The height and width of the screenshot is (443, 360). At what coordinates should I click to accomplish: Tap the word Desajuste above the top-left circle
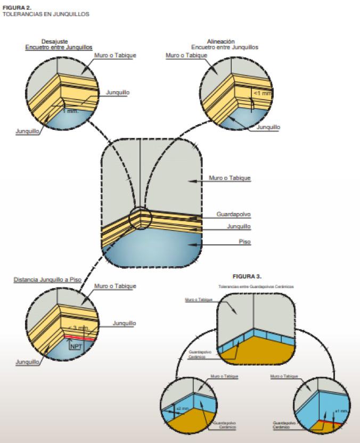[x=56, y=42]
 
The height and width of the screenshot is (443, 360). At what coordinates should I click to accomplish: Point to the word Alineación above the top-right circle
[x=220, y=42]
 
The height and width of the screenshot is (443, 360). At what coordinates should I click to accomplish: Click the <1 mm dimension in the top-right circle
[x=262, y=94]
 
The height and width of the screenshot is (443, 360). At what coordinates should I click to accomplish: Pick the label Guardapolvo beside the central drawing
[x=233, y=214]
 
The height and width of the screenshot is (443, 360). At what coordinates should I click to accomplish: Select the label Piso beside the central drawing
[x=244, y=241]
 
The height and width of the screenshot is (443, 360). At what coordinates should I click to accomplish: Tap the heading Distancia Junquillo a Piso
[x=47, y=279]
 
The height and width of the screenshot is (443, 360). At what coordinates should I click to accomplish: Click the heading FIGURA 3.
[x=247, y=276]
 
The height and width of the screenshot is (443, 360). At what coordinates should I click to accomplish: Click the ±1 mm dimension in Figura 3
[x=341, y=411]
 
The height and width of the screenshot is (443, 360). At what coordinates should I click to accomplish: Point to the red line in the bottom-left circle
[x=80, y=338]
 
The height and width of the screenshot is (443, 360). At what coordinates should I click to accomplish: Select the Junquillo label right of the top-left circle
[x=118, y=93]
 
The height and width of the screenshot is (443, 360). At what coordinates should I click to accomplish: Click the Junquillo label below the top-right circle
[x=268, y=127]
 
